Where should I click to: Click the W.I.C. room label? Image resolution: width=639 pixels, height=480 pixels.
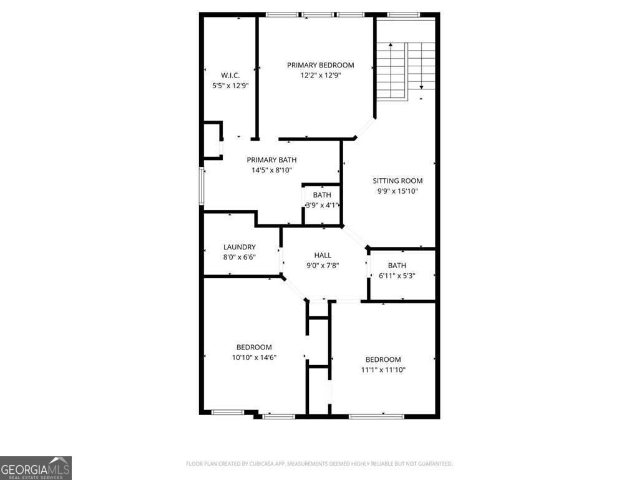[x=230, y=75]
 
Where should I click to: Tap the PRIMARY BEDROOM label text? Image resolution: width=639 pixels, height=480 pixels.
[x=320, y=65]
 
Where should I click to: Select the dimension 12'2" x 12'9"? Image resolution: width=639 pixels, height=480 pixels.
[x=320, y=75]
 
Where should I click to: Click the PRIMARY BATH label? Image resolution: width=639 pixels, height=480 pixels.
[x=271, y=160]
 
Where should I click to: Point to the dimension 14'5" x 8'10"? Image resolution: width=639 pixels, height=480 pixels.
[x=271, y=170]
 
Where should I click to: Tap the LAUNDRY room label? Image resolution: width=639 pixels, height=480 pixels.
[x=239, y=247]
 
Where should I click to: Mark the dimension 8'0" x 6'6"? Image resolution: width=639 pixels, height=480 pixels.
[x=239, y=257]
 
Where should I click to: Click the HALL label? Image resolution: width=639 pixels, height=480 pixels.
[x=323, y=255]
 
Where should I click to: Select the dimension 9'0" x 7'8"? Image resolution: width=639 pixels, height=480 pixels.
[x=323, y=265]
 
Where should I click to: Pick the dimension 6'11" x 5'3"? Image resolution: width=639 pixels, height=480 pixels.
[x=397, y=276]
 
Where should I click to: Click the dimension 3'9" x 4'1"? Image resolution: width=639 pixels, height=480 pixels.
[x=322, y=205]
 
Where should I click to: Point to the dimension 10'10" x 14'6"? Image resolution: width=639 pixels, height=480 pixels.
[x=253, y=357]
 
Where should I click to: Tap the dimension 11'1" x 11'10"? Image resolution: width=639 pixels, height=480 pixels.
[x=383, y=370]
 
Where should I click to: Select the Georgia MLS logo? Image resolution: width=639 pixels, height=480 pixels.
[x=36, y=468]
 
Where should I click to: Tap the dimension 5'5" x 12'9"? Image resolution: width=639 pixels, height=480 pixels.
[x=230, y=85]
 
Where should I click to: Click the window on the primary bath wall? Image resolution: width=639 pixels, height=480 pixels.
[x=201, y=186]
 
